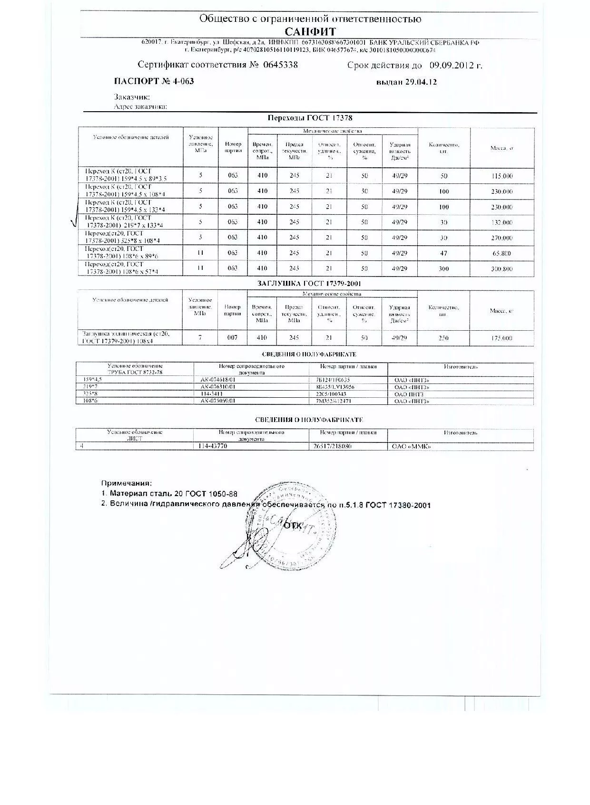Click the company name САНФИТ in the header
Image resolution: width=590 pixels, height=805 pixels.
click(x=310, y=31)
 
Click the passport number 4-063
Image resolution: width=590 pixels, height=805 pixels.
click(x=182, y=81)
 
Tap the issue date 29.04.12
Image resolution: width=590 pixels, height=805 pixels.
click(x=421, y=82)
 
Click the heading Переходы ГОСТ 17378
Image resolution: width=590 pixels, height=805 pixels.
click(x=310, y=118)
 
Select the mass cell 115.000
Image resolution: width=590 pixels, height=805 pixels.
click(x=502, y=176)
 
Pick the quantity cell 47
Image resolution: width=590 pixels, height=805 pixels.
click(x=444, y=254)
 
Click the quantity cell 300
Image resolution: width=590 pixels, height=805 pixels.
click(x=444, y=269)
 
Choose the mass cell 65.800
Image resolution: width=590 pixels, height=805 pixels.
click(x=502, y=254)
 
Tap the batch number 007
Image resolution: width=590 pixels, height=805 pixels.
click(x=232, y=337)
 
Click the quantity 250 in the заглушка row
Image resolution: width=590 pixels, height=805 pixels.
click(x=443, y=338)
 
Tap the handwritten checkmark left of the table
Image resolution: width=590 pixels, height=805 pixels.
click(x=75, y=221)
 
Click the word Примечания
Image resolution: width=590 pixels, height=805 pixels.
click(x=127, y=483)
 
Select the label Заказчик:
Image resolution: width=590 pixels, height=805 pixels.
click(x=132, y=97)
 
